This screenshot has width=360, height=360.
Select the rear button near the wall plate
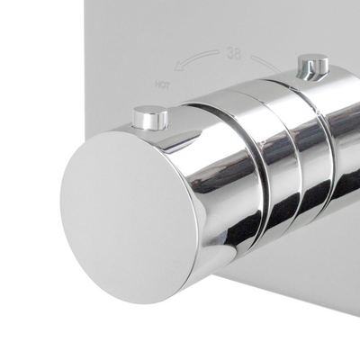click(312, 67)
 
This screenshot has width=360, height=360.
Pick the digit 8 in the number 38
click(238, 52)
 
